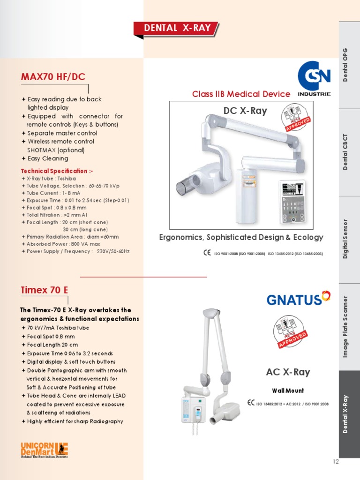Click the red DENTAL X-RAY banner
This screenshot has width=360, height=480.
177,28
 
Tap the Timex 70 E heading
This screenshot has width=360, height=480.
45,290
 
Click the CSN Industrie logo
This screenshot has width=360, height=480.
314,79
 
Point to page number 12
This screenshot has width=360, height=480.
335,461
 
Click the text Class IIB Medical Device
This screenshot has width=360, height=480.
241,94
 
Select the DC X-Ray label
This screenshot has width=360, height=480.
246,111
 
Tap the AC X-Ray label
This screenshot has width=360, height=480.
288,372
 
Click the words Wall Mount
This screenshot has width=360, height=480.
288,390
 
